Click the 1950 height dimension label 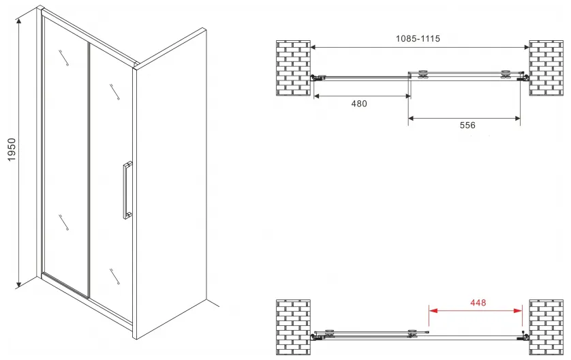12,150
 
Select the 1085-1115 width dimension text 418,38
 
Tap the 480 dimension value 359,104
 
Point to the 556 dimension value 467,125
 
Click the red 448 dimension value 478,303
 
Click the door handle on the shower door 127,190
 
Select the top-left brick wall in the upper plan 293,68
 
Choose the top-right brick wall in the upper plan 546,68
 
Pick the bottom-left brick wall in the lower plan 293,327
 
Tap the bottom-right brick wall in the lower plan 546,327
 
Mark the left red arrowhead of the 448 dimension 433,311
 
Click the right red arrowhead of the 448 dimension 518,311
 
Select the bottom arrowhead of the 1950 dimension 19,284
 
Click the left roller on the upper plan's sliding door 424,74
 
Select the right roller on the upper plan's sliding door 505,74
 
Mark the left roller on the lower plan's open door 330,333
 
